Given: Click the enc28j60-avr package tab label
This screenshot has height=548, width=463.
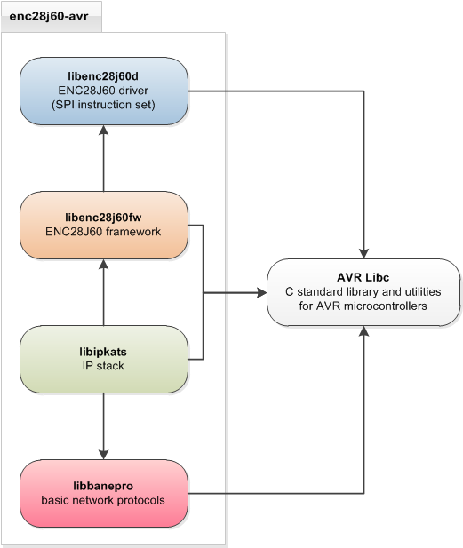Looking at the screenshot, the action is click(x=49, y=16).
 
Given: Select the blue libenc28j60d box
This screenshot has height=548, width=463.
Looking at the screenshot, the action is click(x=104, y=91).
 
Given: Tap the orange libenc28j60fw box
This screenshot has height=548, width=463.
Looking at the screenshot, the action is click(x=104, y=225).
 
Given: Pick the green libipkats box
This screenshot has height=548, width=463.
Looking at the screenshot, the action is click(x=104, y=360).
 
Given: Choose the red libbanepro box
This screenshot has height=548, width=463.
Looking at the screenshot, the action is click(x=104, y=494).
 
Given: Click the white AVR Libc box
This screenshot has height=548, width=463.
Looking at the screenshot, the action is click(x=363, y=292).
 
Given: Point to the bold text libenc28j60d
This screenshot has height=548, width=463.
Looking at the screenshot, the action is click(x=103, y=76).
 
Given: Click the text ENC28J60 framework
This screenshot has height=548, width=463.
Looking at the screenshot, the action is click(x=103, y=231).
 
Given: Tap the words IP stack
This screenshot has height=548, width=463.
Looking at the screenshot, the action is click(x=103, y=366).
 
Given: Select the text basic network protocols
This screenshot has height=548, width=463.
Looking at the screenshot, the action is click(x=103, y=500).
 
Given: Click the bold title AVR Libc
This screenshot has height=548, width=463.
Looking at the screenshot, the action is click(x=363, y=277).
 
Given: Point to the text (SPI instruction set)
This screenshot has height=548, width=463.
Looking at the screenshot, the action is click(x=103, y=105).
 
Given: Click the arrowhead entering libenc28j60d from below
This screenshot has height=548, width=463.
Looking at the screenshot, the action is click(x=103, y=130).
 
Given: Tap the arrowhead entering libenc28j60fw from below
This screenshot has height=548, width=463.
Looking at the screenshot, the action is click(x=103, y=264).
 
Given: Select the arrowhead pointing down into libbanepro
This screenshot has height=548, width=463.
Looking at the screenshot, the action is click(x=103, y=455).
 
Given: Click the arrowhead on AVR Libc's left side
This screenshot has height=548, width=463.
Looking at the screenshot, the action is click(x=262, y=292).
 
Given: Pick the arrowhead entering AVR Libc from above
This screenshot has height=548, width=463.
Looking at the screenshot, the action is click(x=364, y=254).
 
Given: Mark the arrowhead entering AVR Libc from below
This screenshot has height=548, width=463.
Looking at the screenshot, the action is click(x=364, y=331).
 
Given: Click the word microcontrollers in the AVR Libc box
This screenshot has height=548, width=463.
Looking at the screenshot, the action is click(x=386, y=306).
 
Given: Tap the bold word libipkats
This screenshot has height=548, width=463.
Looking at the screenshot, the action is click(x=103, y=352).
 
